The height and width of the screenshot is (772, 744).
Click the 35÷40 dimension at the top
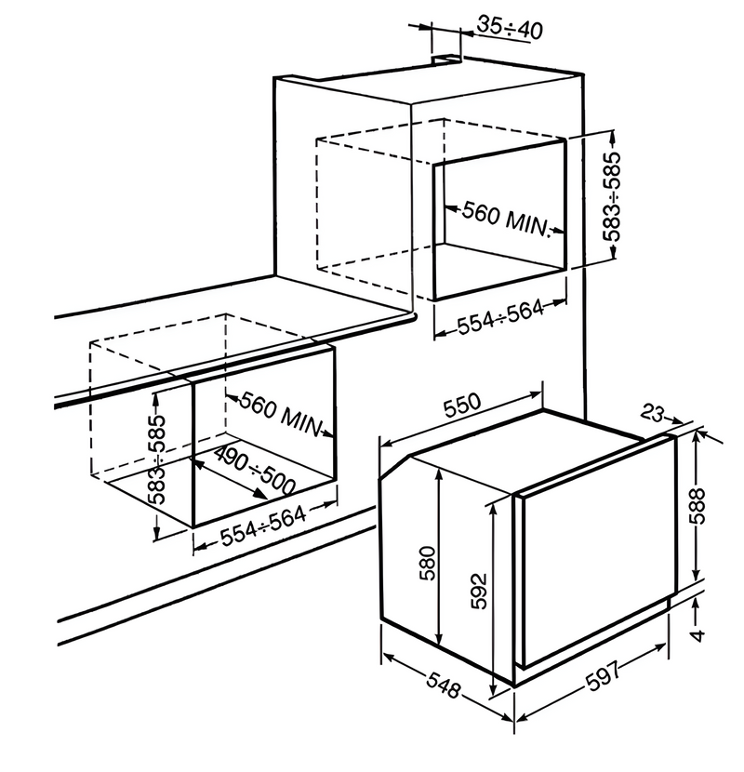click(510, 27)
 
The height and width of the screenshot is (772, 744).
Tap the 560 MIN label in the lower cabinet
click(281, 414)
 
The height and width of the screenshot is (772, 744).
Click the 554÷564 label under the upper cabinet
click(500, 316)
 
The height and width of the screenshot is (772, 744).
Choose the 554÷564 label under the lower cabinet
click(263, 526)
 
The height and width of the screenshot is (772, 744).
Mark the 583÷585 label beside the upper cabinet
click(612, 196)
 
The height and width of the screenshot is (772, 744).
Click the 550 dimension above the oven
click(462, 405)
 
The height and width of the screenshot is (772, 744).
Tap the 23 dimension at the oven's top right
click(653, 414)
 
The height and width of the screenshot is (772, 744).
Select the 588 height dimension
click(698, 506)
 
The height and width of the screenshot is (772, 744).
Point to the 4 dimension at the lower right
click(698, 635)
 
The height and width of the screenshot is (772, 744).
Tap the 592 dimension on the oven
click(479, 591)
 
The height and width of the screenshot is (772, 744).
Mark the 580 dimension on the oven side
click(428, 563)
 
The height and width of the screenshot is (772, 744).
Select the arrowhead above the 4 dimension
click(696, 603)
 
